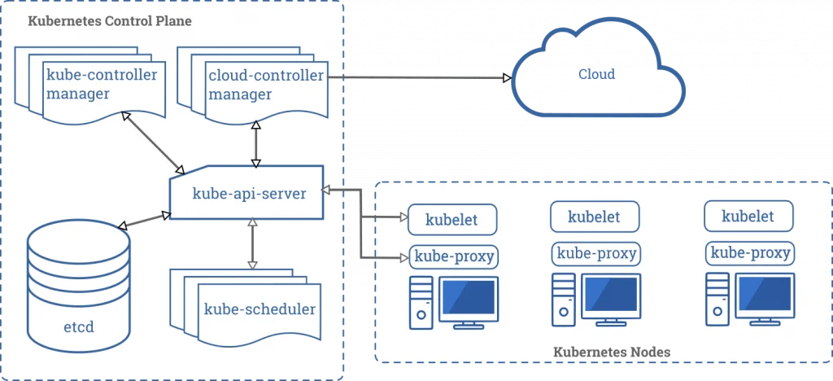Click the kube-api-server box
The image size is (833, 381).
(248, 194)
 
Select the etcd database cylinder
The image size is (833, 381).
(78, 285)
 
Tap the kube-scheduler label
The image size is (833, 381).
(259, 309)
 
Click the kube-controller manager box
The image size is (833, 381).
(102, 85)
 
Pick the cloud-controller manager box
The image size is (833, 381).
(265, 85)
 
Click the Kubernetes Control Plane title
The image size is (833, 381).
(110, 21)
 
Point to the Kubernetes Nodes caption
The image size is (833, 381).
(612, 352)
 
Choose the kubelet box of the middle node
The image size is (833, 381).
(594, 217)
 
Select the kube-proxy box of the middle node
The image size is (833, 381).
(595, 253)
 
